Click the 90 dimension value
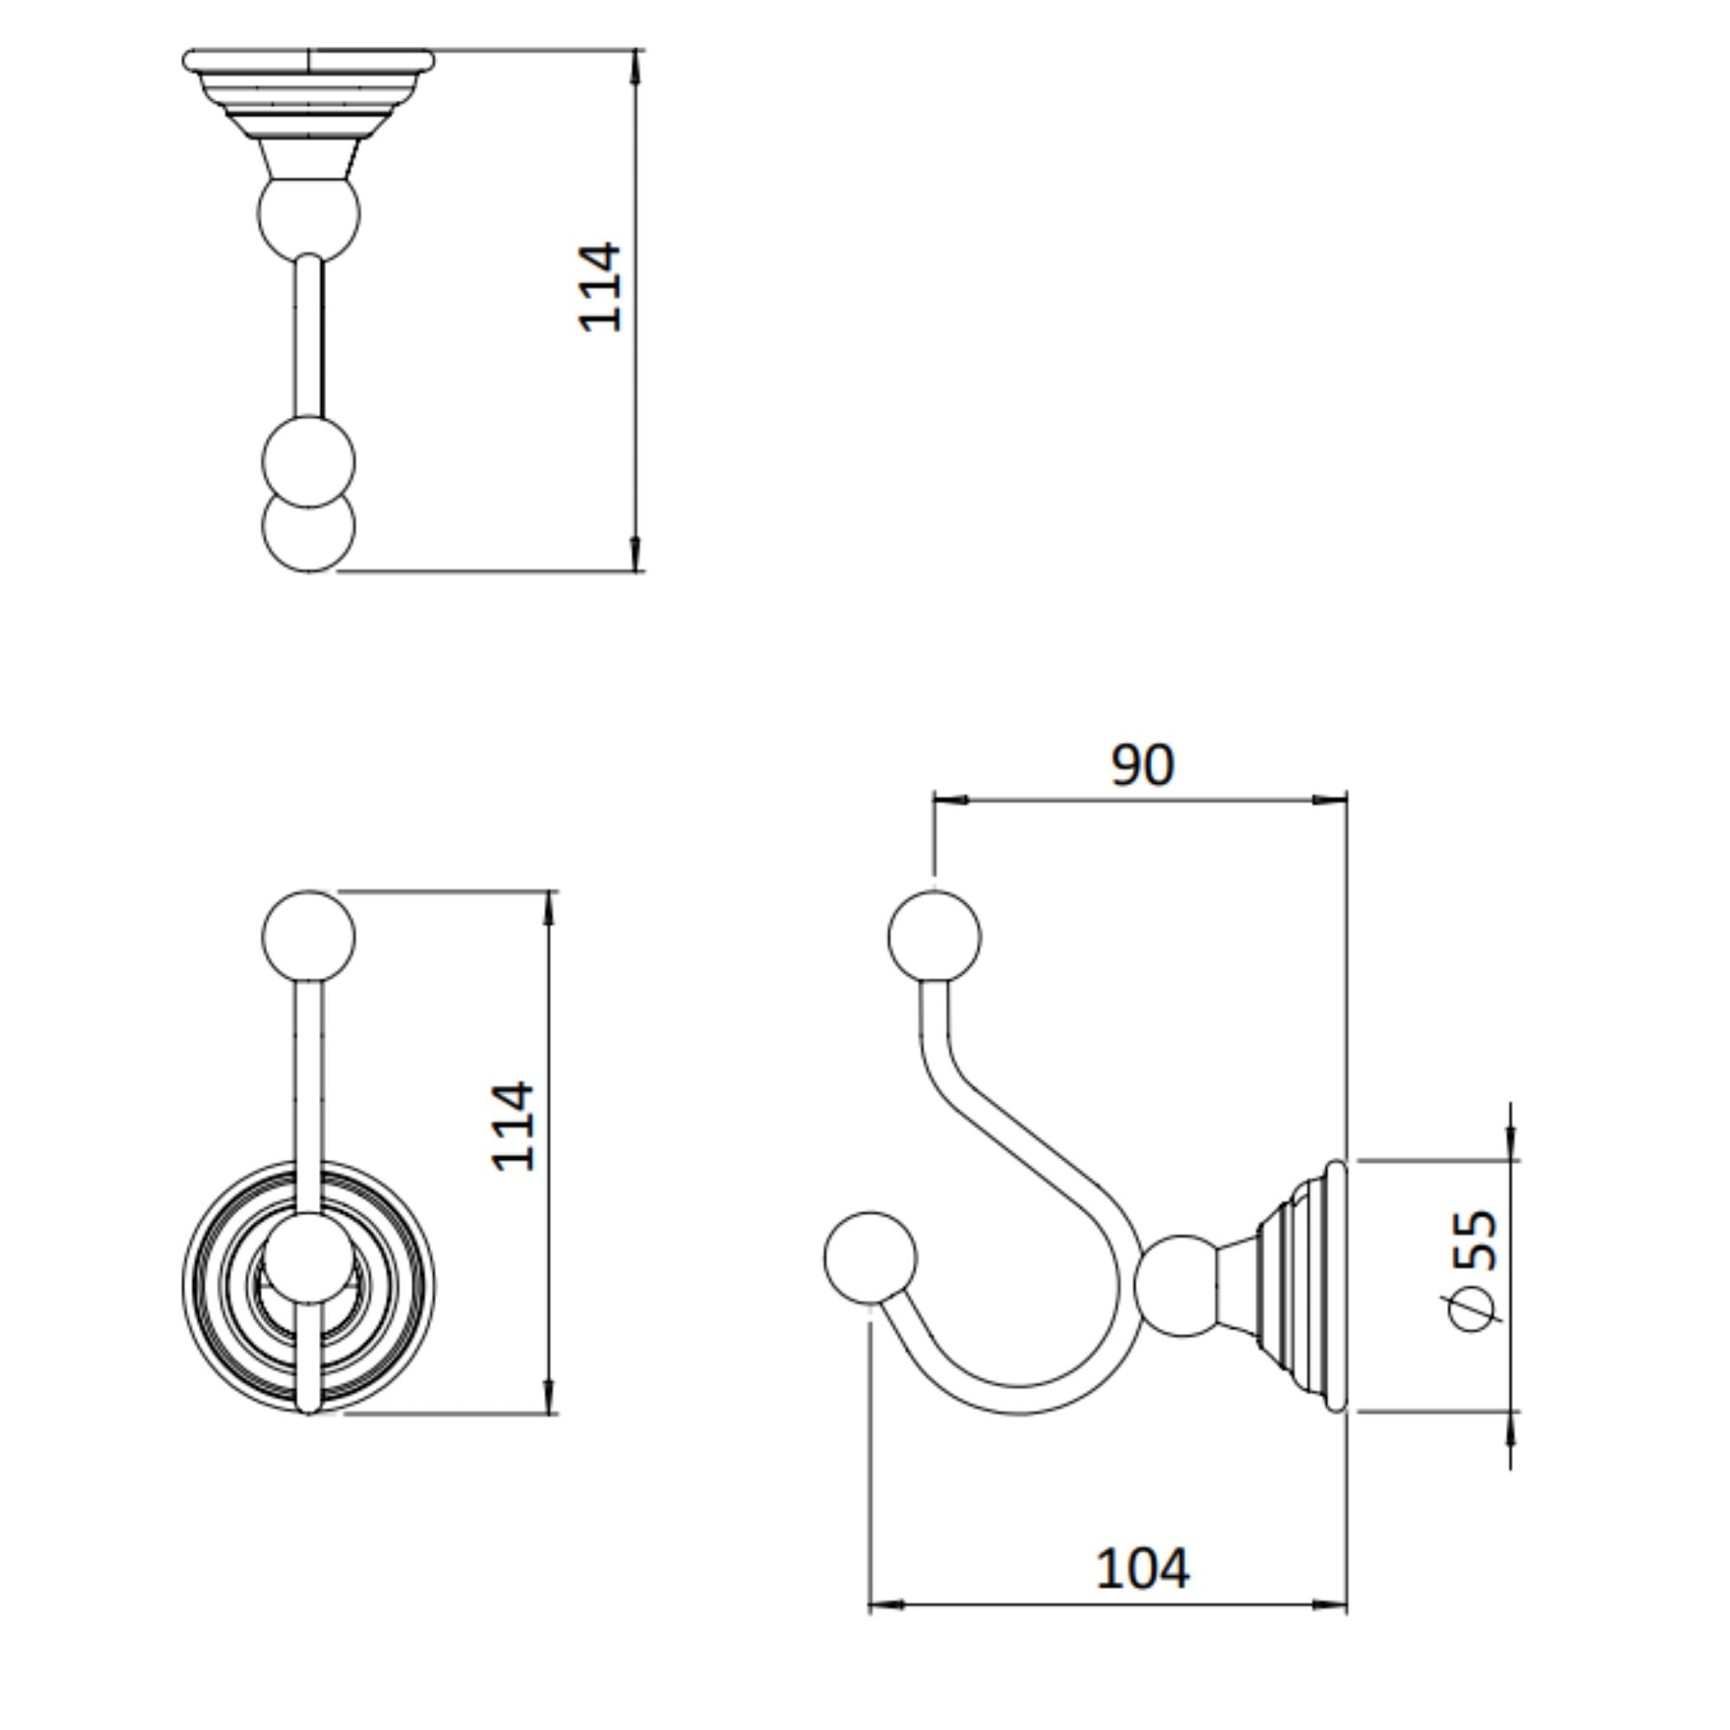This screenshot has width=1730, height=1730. coord(1142,766)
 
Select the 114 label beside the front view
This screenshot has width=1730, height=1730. coord(513,1126)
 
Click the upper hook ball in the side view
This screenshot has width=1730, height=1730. coord(934,937)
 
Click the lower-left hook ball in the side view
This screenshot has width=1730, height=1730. coord(869,1258)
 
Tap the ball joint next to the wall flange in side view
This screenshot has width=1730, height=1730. coord(1181,1285)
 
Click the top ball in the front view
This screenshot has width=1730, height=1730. coord(308,937)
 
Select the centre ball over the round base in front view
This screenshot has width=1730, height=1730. coord(308,1258)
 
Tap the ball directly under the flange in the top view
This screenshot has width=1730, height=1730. coord(308,215)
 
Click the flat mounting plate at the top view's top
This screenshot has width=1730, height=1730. coord(308,61)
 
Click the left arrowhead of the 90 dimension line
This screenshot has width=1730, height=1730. coord(950,798)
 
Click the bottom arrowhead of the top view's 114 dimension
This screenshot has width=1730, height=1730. coord(636,554)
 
